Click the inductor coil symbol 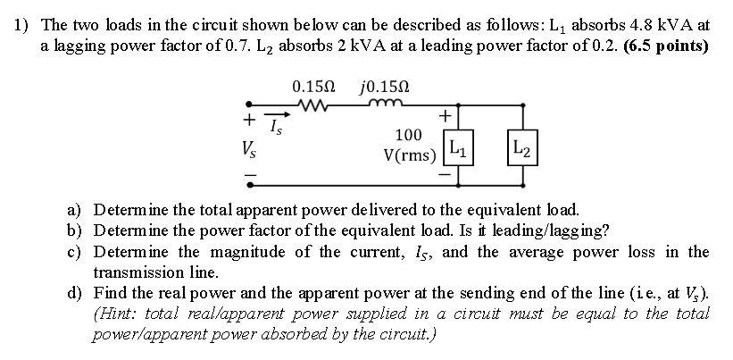click(x=386, y=106)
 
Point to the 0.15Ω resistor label click(x=313, y=87)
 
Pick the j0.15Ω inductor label click(x=386, y=87)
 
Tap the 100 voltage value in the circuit click(x=408, y=135)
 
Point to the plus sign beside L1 click(x=445, y=117)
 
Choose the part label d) click(x=75, y=292)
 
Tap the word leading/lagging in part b click(x=557, y=230)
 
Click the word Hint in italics click(x=116, y=314)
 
